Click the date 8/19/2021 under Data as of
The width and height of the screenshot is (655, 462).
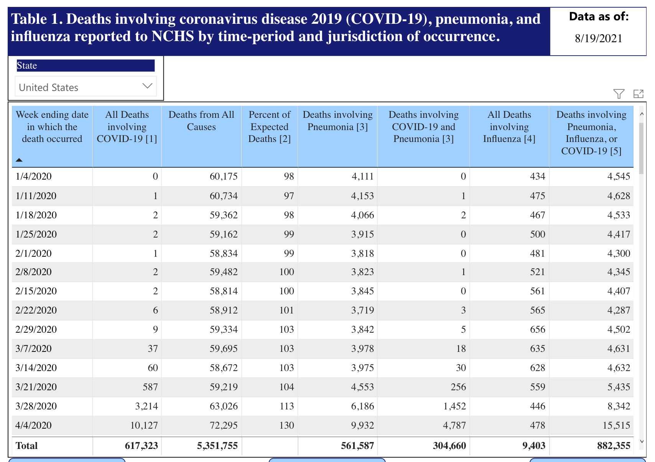coord(598,38)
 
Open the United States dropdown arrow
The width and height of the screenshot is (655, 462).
coord(147,86)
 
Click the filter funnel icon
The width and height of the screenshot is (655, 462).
coord(619,94)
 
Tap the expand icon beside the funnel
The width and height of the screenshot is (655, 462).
coord(638,94)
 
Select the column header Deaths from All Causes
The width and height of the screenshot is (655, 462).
coord(201,120)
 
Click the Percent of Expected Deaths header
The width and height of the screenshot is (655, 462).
coord(270,127)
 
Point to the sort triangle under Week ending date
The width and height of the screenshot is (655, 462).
coord(19,160)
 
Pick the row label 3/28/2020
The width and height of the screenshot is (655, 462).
coord(36,406)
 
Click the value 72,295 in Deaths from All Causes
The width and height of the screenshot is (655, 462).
coord(224,425)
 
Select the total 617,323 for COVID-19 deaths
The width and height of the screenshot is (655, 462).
coord(141,445)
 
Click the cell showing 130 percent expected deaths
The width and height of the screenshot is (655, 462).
coord(286,425)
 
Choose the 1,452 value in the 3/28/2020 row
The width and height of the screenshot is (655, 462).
coord(454,406)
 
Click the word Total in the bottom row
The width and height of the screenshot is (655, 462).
coord(26,445)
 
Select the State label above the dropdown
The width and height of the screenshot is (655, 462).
coord(27,66)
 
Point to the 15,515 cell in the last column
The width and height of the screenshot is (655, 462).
coord(616,425)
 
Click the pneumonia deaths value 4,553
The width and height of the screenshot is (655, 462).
coord(362,387)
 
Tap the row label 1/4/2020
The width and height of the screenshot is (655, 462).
coord(33,176)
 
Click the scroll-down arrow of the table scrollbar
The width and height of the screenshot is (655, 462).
coord(641,441)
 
